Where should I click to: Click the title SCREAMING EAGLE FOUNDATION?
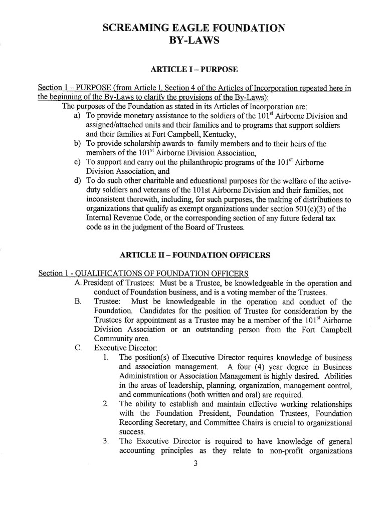(x=194, y=28)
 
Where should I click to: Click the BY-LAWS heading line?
(x=195, y=40)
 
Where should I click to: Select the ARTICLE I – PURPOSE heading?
(x=194, y=69)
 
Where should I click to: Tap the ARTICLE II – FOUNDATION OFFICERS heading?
(x=195, y=255)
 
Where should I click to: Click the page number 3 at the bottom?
(x=195, y=463)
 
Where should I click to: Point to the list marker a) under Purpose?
(x=77, y=116)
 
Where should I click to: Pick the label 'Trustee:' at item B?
(x=107, y=302)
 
